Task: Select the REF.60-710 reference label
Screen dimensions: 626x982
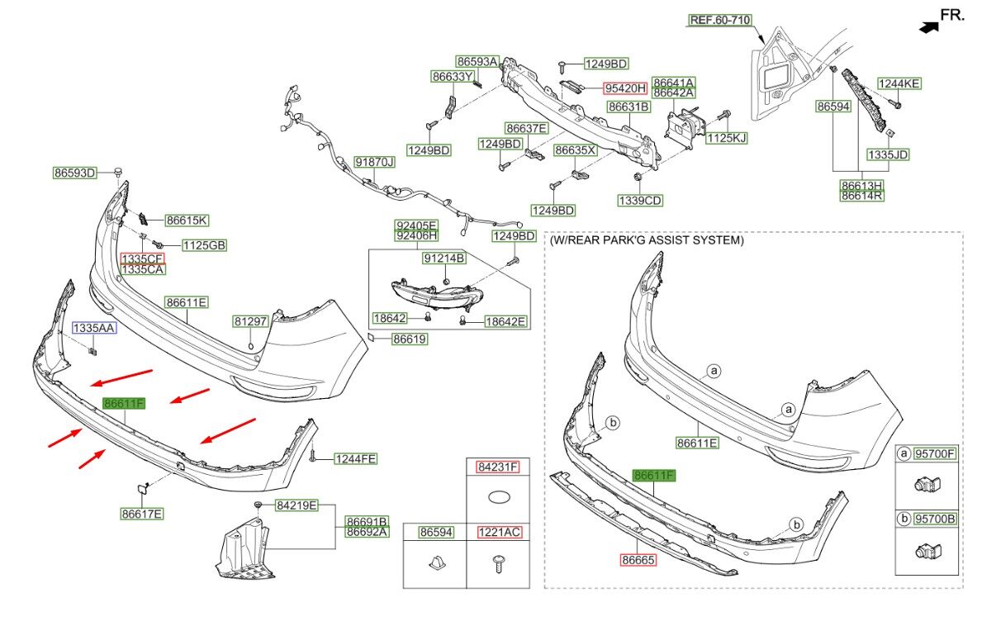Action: click(721, 20)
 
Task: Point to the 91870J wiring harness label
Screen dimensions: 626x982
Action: click(374, 162)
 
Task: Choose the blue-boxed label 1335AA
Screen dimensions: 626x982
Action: click(94, 328)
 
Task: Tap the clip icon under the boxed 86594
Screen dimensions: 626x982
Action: click(435, 564)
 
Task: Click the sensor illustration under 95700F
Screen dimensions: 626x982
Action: click(924, 485)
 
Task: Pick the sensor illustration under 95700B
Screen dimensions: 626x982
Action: click(924, 550)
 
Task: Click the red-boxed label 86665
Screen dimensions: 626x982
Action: click(638, 560)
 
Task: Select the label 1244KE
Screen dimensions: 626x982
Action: click(899, 83)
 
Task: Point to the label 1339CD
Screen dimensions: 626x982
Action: click(640, 200)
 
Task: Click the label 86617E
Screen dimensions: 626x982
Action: click(142, 514)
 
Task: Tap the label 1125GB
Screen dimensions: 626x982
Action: click(204, 245)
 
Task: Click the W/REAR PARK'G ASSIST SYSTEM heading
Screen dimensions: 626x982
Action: click(647, 241)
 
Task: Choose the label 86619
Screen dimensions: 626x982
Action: click(409, 339)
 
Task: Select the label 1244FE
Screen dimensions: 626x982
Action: click(355, 459)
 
